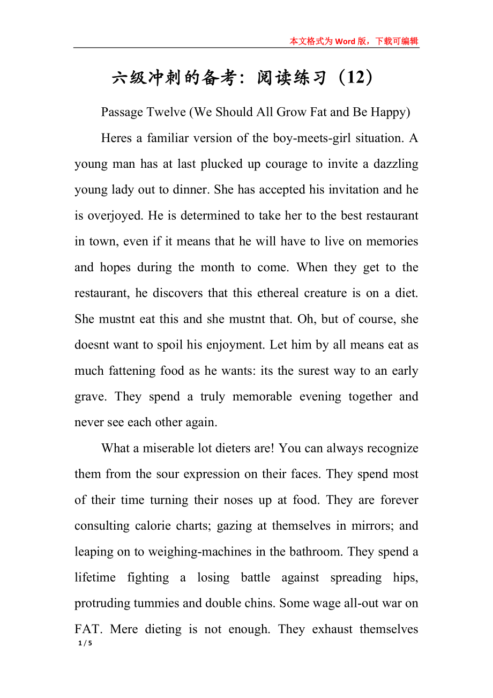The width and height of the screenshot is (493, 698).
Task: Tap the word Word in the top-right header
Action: point(346,41)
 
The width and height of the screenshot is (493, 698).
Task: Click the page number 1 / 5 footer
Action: point(85,643)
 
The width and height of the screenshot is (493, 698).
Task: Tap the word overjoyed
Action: point(118,216)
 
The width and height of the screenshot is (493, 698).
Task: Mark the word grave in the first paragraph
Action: point(89,397)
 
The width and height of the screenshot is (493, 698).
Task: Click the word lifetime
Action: point(95,577)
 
